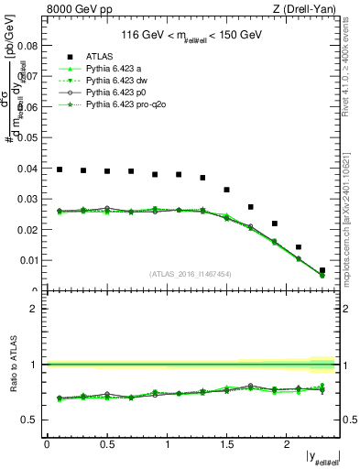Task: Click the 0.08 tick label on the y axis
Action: click(27, 46)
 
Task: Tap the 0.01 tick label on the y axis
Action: click(27, 261)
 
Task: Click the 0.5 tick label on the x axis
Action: click(107, 444)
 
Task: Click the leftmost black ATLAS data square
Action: click(60, 169)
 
